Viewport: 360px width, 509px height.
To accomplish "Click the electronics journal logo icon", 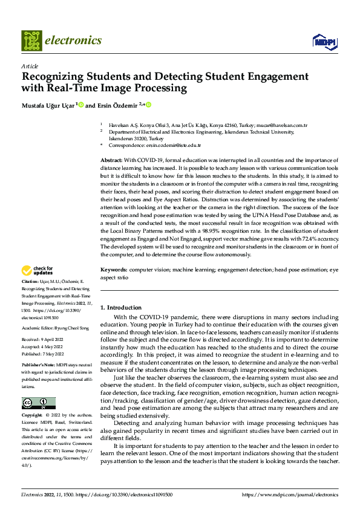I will point(31,41).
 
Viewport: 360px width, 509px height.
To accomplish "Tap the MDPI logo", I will point(324,41).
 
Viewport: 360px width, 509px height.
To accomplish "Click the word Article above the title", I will point(30,66).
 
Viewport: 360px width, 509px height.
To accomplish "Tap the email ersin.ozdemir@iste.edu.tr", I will point(172,146).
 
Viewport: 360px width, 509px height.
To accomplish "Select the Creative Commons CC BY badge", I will point(38,403).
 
